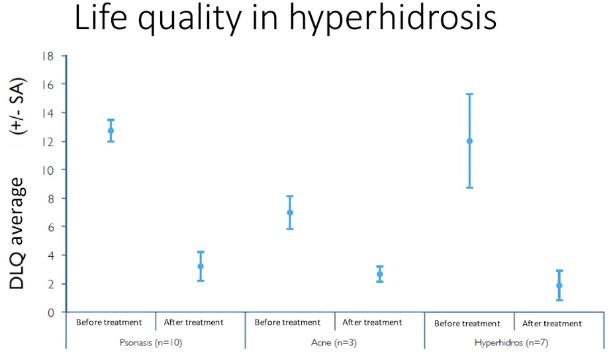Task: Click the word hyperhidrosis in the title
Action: coord(393,19)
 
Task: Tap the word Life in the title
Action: coord(101,17)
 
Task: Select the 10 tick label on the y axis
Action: coord(47,171)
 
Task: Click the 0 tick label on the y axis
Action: coord(51,313)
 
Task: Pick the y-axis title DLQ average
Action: coord(17,234)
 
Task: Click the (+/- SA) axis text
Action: coord(18,107)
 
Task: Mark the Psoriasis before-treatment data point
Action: coord(111,130)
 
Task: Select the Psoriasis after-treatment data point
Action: coord(201,266)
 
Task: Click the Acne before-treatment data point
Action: coord(290,212)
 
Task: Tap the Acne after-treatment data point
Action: coord(379,274)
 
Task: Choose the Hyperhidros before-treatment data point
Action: coord(469,141)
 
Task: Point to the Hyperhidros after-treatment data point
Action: coord(559,285)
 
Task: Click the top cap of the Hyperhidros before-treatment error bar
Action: coord(469,94)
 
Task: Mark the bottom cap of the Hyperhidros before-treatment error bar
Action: coord(469,188)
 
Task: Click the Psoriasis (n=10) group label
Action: coord(151,343)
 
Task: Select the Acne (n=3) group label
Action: coord(334,343)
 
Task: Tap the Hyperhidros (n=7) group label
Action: coord(511,343)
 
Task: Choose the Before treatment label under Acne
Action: coord(287,322)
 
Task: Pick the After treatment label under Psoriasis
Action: coord(193,322)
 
